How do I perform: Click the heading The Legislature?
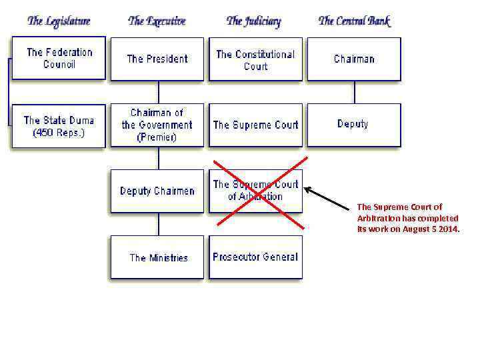(x=59, y=21)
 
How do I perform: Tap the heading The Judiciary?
(x=254, y=21)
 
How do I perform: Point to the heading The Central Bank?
(x=354, y=21)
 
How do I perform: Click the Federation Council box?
(x=59, y=58)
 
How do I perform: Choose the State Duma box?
(x=59, y=125)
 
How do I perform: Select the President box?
(x=157, y=59)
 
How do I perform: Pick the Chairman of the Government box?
(x=157, y=125)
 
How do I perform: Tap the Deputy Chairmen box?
(x=157, y=191)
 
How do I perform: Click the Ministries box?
(x=158, y=257)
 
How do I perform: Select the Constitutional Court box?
(x=255, y=59)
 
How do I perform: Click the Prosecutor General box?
(x=255, y=257)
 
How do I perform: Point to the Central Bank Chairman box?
(x=354, y=59)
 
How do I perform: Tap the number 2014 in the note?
(x=449, y=229)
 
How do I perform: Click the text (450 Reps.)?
(x=59, y=133)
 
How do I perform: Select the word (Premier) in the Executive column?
(x=157, y=137)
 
